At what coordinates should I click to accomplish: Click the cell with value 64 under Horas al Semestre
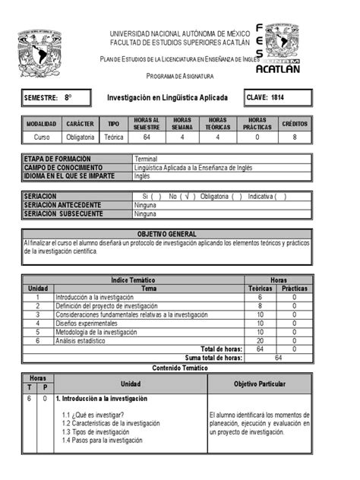click(x=146, y=137)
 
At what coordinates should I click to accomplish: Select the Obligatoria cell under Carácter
click(x=80, y=137)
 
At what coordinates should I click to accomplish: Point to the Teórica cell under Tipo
click(x=113, y=137)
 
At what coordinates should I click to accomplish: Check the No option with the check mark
click(x=180, y=196)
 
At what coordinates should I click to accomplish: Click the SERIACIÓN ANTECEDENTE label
click(x=66, y=205)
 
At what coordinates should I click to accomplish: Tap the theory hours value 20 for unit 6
click(x=260, y=340)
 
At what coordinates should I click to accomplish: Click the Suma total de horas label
click(x=213, y=357)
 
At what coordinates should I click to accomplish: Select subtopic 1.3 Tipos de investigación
click(x=95, y=431)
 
